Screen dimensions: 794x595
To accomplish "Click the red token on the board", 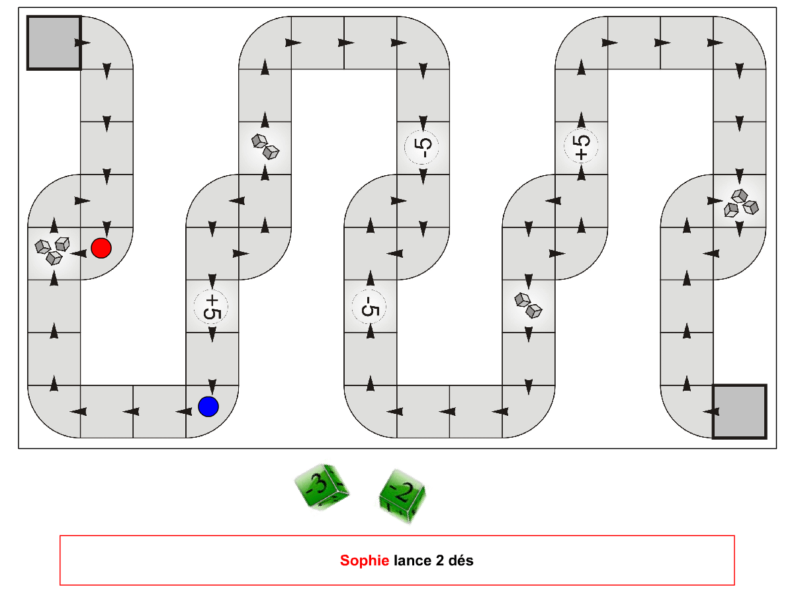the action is pos(101,248).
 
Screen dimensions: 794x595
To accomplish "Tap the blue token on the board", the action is pos(208,407).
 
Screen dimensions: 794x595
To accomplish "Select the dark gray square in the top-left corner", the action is pos(54,42).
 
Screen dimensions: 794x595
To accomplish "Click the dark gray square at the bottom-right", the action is pos(740,412).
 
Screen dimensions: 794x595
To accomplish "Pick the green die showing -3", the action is pos(322,487).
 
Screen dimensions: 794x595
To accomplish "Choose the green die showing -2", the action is pos(402,496).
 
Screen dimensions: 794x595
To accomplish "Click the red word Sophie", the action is pos(365,561).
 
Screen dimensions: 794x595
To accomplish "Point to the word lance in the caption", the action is pos(412,561).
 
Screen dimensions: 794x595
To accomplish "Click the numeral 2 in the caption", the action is pos(440,561).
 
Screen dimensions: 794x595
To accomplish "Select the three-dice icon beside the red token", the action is pos(52,251).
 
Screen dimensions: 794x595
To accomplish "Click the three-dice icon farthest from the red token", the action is pos(741,203).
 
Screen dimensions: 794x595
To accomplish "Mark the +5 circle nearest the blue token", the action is pos(212,307).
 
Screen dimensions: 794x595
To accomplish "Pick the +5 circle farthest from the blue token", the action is pos(581,146).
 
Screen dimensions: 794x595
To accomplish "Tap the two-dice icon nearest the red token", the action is pos(265,147).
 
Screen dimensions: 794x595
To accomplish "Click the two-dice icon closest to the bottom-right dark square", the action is pos(528,305).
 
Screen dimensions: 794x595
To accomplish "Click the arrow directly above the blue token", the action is pos(212,386).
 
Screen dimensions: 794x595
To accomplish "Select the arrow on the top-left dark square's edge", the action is pos(83,42).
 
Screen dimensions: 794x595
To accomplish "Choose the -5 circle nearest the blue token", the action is pos(369,307).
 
